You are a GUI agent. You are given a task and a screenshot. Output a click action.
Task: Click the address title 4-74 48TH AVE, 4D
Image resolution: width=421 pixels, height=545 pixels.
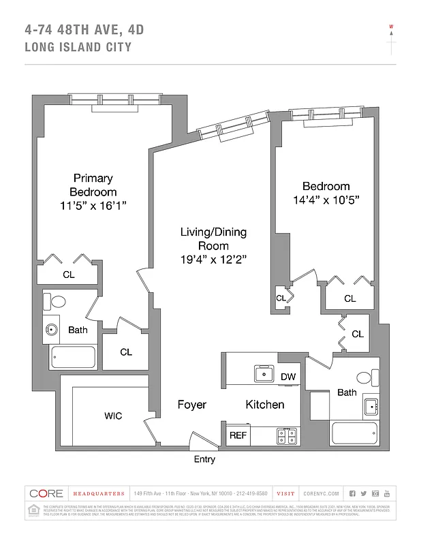(x=84, y=29)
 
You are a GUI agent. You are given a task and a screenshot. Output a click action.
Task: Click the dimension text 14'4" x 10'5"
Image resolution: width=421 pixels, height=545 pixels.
(x=326, y=200)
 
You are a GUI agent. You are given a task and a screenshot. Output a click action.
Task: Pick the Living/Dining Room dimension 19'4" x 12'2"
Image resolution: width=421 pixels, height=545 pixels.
(x=213, y=259)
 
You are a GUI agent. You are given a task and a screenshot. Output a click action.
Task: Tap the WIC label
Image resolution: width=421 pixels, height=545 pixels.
(x=113, y=416)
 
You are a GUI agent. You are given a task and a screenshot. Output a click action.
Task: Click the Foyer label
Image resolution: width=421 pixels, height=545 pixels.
(x=191, y=405)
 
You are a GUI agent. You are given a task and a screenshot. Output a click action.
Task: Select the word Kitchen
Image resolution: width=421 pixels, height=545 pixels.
(x=265, y=405)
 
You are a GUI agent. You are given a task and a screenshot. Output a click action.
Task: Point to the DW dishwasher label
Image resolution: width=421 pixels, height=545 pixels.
(x=287, y=377)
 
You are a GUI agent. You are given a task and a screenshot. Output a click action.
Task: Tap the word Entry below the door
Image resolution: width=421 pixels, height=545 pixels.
(x=204, y=459)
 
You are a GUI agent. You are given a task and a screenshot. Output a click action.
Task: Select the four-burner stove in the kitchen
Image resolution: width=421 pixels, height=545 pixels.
(x=288, y=435)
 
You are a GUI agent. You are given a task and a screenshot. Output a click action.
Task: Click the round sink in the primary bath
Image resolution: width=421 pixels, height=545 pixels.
(x=52, y=331)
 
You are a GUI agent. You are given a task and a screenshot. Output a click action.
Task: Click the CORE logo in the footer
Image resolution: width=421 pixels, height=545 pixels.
(x=46, y=493)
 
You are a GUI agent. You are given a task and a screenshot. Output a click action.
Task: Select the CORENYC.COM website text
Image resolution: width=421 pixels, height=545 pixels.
(x=322, y=493)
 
